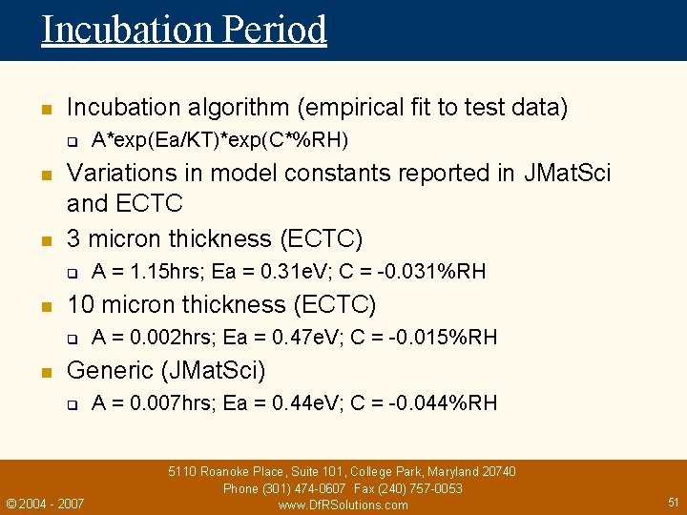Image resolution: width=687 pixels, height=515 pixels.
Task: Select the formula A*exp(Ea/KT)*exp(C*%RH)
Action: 219,141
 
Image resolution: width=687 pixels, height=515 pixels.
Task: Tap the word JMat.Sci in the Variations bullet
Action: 568,173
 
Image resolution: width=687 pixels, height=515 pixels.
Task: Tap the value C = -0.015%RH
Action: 424,337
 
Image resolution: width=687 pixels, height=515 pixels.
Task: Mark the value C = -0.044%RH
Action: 424,402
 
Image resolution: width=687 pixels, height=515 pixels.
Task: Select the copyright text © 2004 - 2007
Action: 45,503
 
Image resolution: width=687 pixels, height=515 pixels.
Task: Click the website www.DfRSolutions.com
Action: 343,505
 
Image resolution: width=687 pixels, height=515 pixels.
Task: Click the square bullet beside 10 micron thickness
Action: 45,306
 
